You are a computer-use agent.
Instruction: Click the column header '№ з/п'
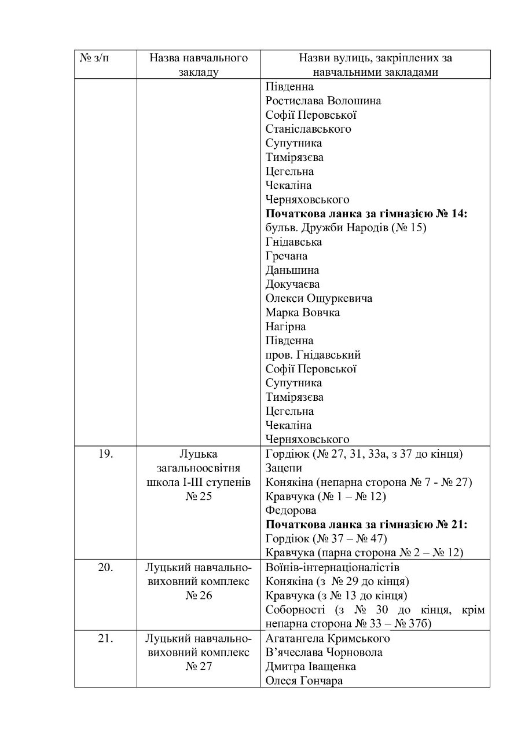(94, 59)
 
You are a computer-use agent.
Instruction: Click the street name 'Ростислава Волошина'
(323, 101)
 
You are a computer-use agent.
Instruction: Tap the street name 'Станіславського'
(308, 129)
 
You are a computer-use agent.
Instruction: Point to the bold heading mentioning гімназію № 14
(366, 214)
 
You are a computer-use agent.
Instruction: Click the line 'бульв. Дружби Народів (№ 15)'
(346, 228)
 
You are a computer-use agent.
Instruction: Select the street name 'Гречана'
(287, 256)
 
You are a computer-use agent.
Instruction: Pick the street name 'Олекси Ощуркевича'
(318, 298)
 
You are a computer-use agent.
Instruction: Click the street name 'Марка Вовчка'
(303, 313)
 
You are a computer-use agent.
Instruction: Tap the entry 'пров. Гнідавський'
(313, 355)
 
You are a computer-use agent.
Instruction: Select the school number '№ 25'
(199, 496)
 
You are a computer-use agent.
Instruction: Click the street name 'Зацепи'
(284, 468)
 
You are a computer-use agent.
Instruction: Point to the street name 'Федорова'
(291, 510)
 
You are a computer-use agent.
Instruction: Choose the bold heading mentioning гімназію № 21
(366, 525)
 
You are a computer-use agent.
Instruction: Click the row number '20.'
(105, 567)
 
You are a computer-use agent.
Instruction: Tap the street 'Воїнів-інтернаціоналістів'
(332, 567)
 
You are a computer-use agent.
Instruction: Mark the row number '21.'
(105, 638)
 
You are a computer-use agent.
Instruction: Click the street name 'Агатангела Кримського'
(328, 638)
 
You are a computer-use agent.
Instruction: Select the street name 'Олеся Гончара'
(304, 681)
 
